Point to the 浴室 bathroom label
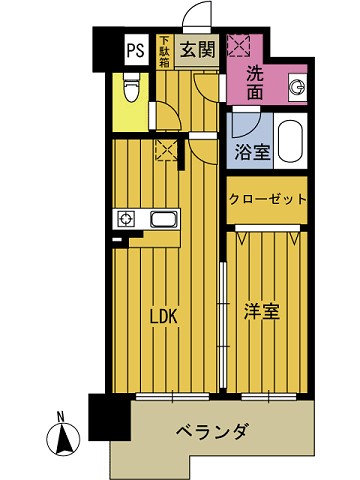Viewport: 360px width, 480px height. point(251,152)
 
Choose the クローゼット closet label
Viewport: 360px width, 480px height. point(266,199)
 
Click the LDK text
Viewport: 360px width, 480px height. point(163,316)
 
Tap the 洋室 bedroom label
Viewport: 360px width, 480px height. point(261,311)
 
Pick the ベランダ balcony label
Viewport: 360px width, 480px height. point(212,431)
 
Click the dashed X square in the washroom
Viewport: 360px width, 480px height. point(239,46)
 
